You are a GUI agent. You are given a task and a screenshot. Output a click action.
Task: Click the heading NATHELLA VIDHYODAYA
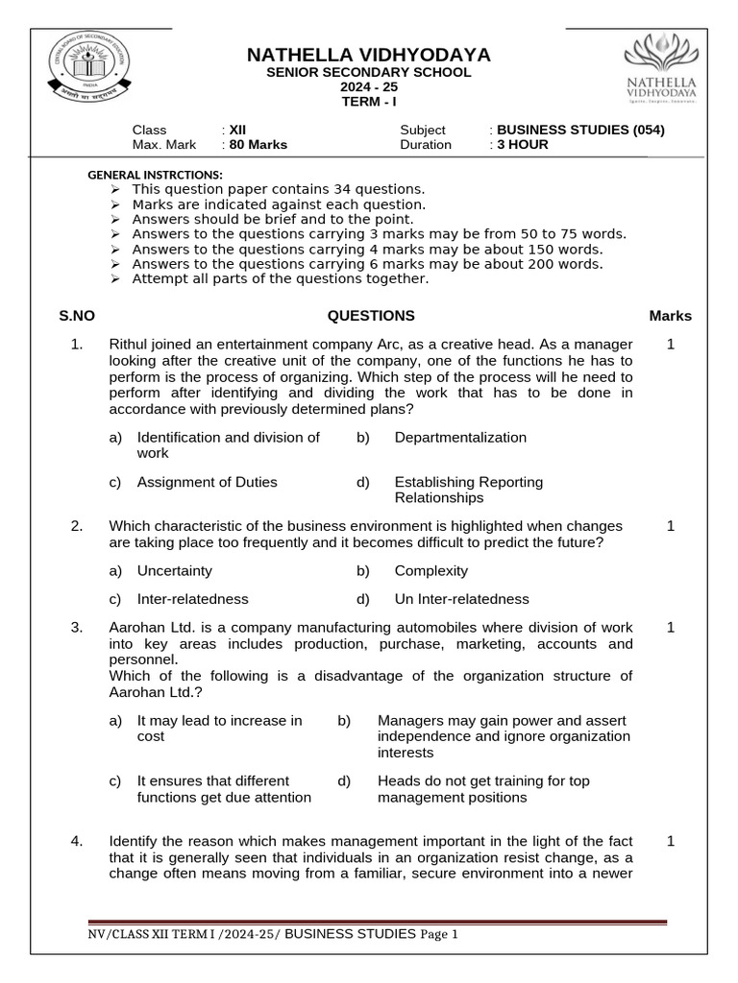pos(369,55)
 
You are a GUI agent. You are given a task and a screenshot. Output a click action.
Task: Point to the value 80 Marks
pos(258,145)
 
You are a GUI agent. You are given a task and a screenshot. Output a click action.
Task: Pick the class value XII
pos(237,130)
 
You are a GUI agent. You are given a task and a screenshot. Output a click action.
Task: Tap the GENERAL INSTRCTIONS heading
pos(155,175)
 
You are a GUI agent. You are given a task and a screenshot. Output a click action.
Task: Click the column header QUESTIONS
pos(371,316)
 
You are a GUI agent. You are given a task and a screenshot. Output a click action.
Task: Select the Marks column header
pos(670,316)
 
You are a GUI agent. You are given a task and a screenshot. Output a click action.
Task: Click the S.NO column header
pos(77,316)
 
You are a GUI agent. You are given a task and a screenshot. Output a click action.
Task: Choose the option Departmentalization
pos(460,438)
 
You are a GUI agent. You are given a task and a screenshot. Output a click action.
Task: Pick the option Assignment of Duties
pos(207,483)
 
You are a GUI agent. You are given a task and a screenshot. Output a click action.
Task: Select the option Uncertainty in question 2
pos(174,571)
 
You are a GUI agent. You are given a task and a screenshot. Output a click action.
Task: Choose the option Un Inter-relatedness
pos(461,599)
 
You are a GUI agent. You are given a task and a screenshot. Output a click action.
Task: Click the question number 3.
pos(77,628)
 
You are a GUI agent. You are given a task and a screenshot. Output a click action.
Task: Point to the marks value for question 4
pos(671,842)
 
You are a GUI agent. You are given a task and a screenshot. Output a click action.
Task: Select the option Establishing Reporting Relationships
pos(468,491)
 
